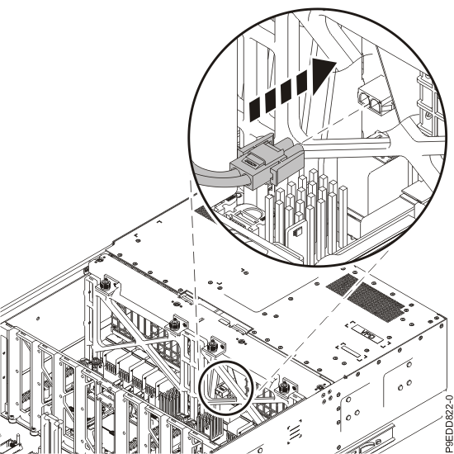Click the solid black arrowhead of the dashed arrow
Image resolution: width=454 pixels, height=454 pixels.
(323, 76)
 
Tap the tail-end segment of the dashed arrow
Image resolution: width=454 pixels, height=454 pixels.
(256, 110)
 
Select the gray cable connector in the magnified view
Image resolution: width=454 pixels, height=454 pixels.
(267, 161)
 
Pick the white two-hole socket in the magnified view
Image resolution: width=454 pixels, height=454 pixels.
(373, 101)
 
